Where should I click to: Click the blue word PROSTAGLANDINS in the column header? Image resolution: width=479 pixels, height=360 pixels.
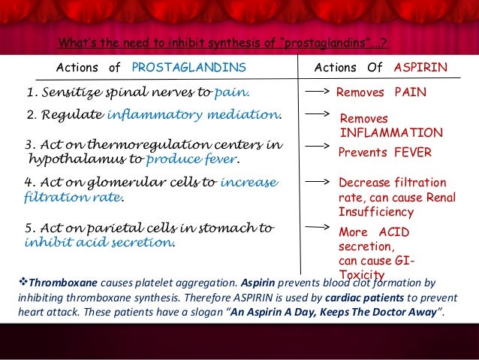[188, 68]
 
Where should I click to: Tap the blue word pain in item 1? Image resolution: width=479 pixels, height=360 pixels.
[231, 92]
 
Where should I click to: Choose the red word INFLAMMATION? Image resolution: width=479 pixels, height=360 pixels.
[391, 132]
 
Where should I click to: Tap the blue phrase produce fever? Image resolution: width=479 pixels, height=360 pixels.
[193, 160]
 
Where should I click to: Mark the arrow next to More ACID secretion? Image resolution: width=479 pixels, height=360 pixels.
[318, 225]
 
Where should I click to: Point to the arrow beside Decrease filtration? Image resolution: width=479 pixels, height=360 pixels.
[318, 182]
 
